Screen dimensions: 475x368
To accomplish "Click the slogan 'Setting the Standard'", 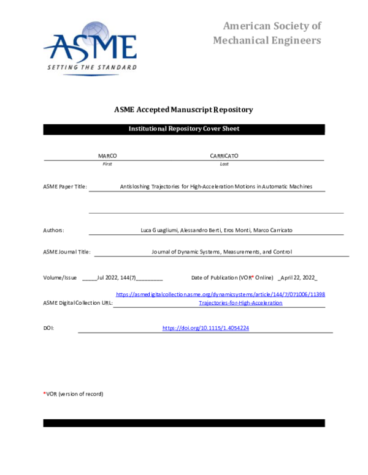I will [x=92, y=67].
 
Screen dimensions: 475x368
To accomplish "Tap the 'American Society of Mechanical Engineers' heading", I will [x=267, y=33].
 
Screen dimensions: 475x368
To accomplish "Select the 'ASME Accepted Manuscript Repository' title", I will [x=183, y=110].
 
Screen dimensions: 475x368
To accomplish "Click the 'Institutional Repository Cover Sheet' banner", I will [x=183, y=129].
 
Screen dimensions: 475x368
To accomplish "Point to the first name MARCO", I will [x=107, y=156].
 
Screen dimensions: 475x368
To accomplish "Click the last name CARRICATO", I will [x=224, y=156].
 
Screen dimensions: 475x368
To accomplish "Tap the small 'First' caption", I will [x=107, y=164].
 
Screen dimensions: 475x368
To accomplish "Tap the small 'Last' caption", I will [x=224, y=164].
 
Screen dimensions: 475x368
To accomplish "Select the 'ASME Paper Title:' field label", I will [x=65, y=187].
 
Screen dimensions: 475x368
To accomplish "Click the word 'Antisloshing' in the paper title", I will [x=136, y=187].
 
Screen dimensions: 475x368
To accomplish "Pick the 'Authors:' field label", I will [x=53, y=230].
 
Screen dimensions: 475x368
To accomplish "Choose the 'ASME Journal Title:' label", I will [x=67, y=252].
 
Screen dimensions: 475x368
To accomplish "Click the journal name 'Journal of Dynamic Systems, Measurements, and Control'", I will [x=221, y=252].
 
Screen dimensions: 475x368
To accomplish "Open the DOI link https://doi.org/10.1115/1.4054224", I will [x=205, y=328].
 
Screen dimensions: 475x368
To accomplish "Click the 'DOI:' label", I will [x=48, y=328].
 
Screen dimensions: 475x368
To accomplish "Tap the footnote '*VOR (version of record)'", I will [x=73, y=394].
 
